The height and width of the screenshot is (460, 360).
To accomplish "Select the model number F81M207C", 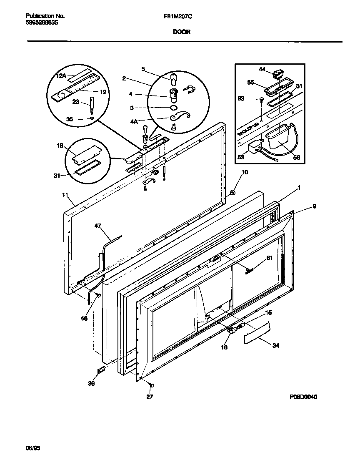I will click(x=178, y=16).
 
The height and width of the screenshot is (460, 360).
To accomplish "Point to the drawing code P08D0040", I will click(x=303, y=397).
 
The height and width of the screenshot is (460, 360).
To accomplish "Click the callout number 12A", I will click(x=61, y=75).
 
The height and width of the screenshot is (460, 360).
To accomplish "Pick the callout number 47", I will click(x=97, y=226).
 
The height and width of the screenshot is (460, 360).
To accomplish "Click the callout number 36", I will click(x=91, y=383).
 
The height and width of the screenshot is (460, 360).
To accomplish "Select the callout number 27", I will click(x=149, y=397).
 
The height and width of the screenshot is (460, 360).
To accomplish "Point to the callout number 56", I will click(x=296, y=158).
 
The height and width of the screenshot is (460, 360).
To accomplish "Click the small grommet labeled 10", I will click(x=231, y=193).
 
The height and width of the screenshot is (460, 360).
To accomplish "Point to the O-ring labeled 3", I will click(x=172, y=108).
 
